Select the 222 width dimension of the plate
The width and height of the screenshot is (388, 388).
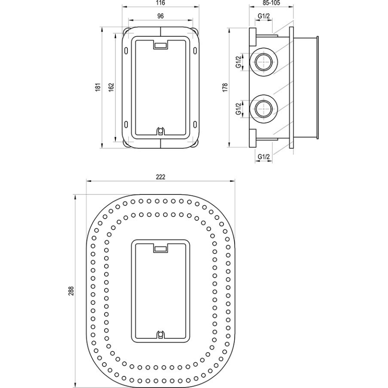tap(161, 177)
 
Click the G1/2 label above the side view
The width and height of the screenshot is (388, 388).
tap(264, 17)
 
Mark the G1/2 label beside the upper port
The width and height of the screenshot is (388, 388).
tap(239, 61)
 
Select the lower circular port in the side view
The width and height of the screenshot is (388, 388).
tap(264, 108)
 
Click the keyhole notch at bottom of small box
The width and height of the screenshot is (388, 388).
tap(160, 131)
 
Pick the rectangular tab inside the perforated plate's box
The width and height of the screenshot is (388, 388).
tap(160, 249)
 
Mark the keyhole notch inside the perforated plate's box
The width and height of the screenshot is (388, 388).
tap(160, 334)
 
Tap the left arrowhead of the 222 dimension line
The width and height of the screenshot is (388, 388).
tap(88, 181)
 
